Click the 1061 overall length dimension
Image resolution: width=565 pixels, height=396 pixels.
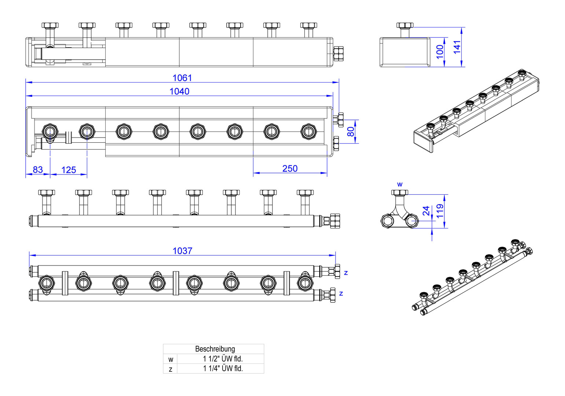pyautogui.click(x=182, y=78)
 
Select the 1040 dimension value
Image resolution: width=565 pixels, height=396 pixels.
pyautogui.click(x=179, y=91)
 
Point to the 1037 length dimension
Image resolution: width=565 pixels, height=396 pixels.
pyautogui.click(x=182, y=251)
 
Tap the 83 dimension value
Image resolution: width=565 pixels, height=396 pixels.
pyautogui.click(x=38, y=170)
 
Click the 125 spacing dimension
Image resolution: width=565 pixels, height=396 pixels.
pyautogui.click(x=69, y=170)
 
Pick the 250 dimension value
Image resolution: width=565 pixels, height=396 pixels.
pyautogui.click(x=290, y=169)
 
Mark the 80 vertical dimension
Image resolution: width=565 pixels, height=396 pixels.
pyautogui.click(x=351, y=131)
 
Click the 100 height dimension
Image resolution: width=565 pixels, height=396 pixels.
pyautogui.click(x=440, y=52)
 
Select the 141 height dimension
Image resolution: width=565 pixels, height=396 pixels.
pyautogui.click(x=457, y=47)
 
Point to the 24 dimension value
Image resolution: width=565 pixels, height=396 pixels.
pyautogui.click(x=426, y=211)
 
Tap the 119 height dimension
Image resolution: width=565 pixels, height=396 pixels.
pyautogui.click(x=440, y=211)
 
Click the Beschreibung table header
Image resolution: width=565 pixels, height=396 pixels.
pyautogui.click(x=215, y=349)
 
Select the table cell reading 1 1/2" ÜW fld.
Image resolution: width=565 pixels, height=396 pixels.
pyautogui.click(x=223, y=359)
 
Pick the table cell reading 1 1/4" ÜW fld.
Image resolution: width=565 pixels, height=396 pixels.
pyautogui.click(x=223, y=368)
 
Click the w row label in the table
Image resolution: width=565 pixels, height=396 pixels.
pyautogui.click(x=170, y=359)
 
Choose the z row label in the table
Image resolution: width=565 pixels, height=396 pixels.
pyautogui.click(x=170, y=369)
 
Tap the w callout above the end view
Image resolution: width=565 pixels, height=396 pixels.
pyautogui.click(x=400, y=184)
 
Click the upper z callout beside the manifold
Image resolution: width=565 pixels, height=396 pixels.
pyautogui.click(x=345, y=272)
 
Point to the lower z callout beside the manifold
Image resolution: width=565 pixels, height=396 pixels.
pyautogui.click(x=341, y=293)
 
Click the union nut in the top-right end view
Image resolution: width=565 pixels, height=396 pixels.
pyautogui.click(x=405, y=25)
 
